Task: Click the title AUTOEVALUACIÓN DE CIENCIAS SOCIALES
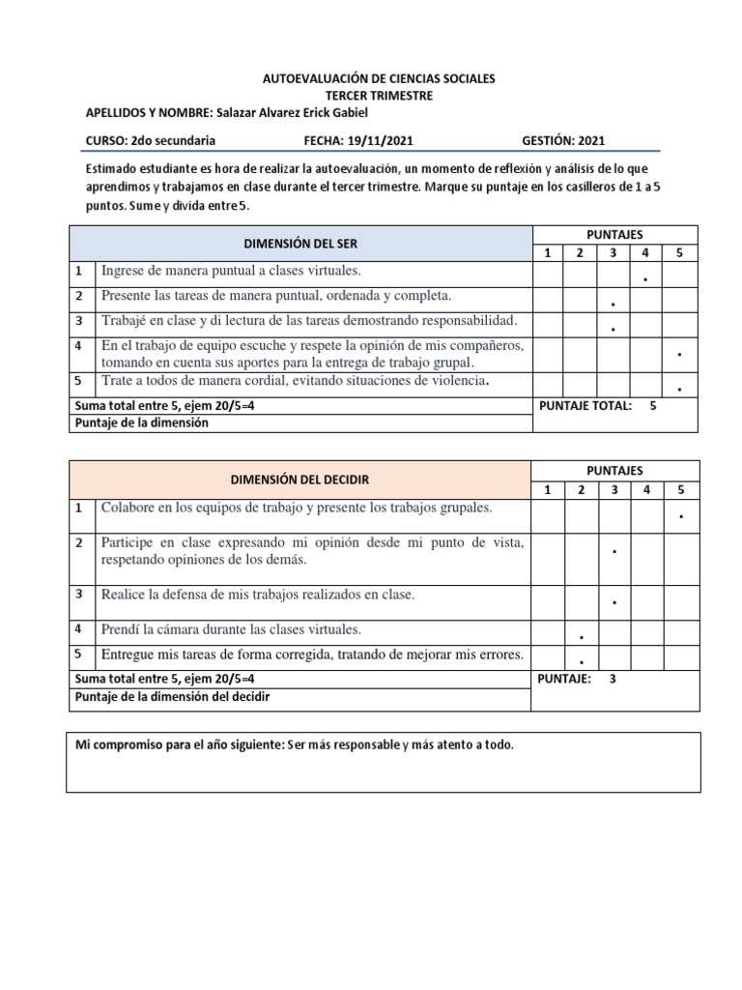coord(379,78)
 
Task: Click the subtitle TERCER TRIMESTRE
coord(379,95)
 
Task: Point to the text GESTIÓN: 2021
coord(564,140)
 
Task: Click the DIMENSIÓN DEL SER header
coord(301,244)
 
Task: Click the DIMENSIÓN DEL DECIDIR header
coord(300,480)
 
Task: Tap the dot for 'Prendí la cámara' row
coord(581,638)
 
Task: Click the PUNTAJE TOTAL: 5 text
coord(598,406)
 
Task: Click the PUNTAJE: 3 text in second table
coord(577,679)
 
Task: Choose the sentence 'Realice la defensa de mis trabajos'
coord(257,595)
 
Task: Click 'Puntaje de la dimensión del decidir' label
coord(172,696)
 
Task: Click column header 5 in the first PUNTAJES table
coord(679,252)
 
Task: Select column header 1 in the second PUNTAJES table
coord(548,489)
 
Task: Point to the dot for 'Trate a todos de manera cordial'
coord(680,390)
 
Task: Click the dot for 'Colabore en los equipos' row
coord(681,517)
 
